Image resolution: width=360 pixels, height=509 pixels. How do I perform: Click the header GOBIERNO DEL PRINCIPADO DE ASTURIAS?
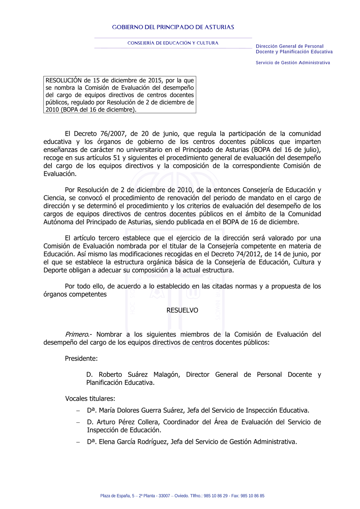click(x=173, y=27)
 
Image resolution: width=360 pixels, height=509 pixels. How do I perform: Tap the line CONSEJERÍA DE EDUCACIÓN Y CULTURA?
click(x=173, y=43)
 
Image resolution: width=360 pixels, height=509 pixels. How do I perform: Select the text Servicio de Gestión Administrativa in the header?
click(x=293, y=63)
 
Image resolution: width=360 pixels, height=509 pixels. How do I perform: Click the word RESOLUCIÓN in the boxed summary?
click(x=64, y=80)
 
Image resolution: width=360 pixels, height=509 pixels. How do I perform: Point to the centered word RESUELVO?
click(x=182, y=310)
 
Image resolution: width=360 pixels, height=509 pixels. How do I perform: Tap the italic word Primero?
click(x=77, y=334)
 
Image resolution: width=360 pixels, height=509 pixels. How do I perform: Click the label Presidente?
click(x=81, y=359)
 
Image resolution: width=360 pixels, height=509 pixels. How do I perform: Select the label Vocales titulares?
click(x=90, y=398)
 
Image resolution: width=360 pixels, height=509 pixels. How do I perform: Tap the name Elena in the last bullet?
click(x=107, y=442)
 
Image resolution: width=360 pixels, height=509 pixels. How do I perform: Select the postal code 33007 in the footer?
click(x=164, y=496)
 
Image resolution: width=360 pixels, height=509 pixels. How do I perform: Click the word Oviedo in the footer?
click(x=181, y=496)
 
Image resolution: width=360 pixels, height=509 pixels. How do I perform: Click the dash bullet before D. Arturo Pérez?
click(x=78, y=422)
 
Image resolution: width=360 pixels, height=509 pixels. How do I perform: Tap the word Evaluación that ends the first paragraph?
click(x=59, y=174)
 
